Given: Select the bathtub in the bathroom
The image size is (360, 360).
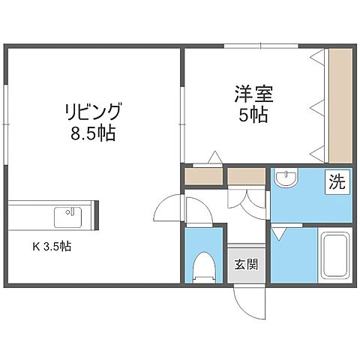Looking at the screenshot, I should click(x=334, y=256).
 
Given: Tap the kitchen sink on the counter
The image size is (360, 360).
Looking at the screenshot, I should click(x=69, y=217).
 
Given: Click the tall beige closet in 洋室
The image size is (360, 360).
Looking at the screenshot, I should click(x=339, y=104).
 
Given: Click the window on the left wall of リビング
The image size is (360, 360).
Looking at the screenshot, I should click(x=6, y=120).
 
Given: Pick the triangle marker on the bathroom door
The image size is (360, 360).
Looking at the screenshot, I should click(x=277, y=234).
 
